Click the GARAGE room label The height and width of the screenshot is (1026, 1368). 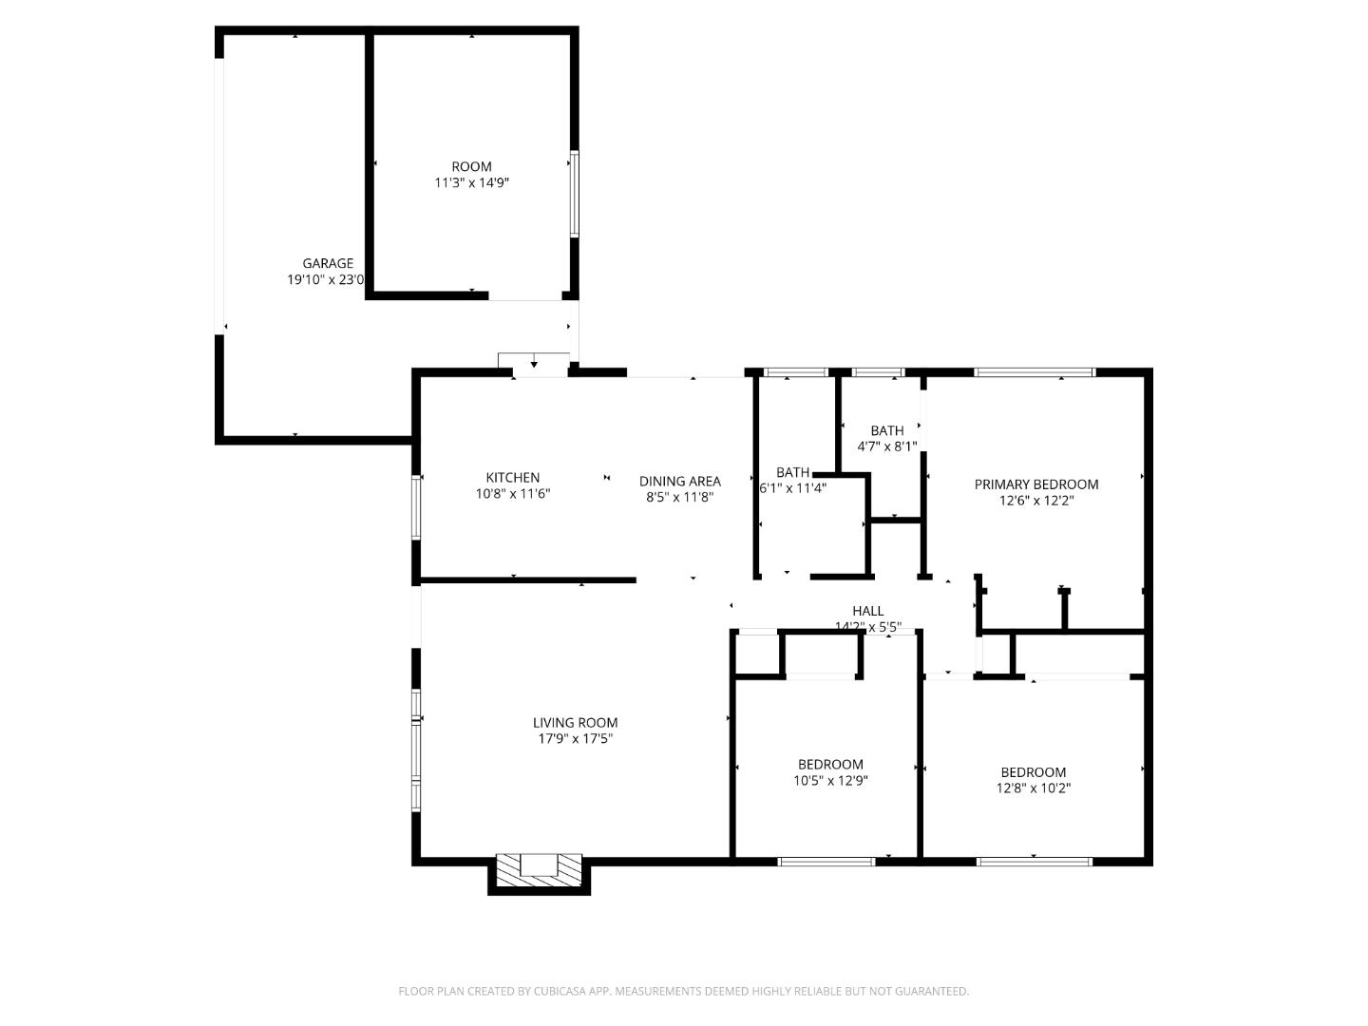(x=328, y=263)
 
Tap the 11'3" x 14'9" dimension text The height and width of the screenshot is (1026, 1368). (x=471, y=182)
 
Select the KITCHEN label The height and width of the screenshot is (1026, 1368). (x=513, y=478)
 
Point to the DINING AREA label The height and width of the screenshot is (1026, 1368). (x=679, y=481)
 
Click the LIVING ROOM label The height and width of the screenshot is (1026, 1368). (x=575, y=722)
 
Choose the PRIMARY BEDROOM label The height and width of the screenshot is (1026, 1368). (x=1035, y=484)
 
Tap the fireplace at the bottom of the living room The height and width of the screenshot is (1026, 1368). (x=539, y=867)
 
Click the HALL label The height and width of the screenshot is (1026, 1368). (x=867, y=611)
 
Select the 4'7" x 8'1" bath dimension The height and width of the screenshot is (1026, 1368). (x=886, y=446)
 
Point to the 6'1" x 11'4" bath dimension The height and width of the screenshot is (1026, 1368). (x=793, y=488)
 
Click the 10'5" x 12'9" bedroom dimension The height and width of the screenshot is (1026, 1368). (x=830, y=781)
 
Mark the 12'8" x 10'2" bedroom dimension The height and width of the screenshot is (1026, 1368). (x=1033, y=788)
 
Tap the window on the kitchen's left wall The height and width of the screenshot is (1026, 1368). (x=416, y=507)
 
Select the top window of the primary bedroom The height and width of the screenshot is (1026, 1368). (x=1035, y=372)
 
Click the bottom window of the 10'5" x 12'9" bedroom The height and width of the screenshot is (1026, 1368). (x=826, y=862)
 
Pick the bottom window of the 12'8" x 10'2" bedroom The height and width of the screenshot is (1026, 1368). (x=1034, y=862)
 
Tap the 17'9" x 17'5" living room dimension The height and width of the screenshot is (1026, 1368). (x=575, y=738)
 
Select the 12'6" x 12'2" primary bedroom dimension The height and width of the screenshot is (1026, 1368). (x=1035, y=501)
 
